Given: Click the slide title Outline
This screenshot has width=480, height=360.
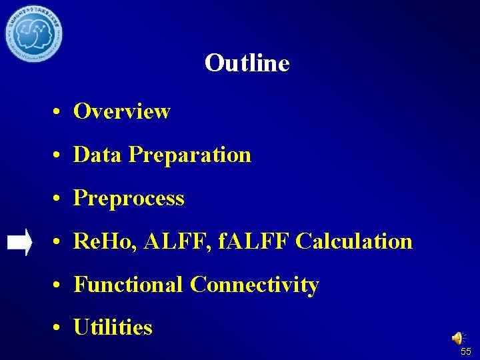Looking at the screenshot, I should tap(247, 63).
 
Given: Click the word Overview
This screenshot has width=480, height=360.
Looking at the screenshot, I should tap(122, 111).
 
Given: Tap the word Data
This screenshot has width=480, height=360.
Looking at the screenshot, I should tap(98, 155).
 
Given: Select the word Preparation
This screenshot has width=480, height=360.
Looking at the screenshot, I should tap(190, 155).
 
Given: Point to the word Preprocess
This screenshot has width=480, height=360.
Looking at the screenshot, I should tap(129, 199).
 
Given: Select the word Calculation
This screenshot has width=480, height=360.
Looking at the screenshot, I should tap(354, 241).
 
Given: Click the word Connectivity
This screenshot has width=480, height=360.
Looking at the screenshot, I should tap(254, 285).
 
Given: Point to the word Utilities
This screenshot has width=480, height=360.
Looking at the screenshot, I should tap(113, 327).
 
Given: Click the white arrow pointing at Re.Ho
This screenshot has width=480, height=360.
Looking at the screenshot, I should tap(19, 242).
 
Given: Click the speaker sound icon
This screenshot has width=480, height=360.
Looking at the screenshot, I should tap(459, 339).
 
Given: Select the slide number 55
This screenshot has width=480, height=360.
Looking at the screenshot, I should tap(465, 351).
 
